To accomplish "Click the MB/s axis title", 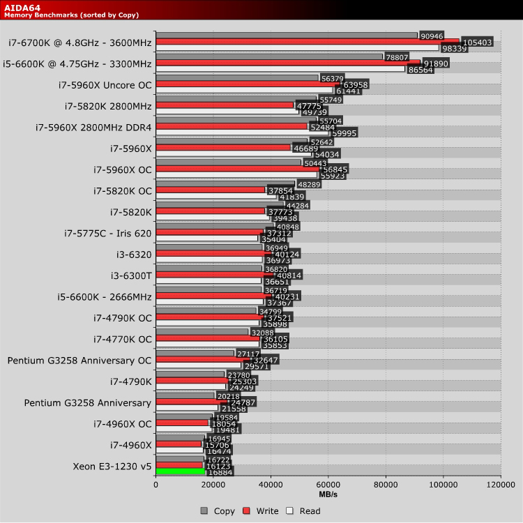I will click(x=328, y=494).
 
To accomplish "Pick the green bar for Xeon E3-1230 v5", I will click(x=181, y=471).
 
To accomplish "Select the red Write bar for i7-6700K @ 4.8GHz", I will click(x=307, y=42).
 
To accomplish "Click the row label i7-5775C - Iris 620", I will click(x=107, y=233).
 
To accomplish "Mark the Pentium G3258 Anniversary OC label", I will click(x=79, y=361).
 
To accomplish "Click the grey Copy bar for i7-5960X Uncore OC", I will click(x=237, y=78).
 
